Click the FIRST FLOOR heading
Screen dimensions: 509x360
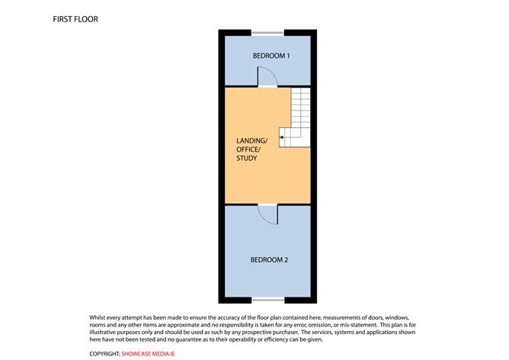(75, 19)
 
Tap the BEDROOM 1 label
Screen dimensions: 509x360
(271, 56)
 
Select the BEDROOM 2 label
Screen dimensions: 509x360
(269, 260)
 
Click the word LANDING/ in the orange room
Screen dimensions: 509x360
(252, 140)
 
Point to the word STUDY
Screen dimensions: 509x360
(247, 158)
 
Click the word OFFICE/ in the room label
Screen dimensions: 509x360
(248, 149)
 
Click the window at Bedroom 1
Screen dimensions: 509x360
(267, 33)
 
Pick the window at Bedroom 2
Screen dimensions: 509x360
(268, 300)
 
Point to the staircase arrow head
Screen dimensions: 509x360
(281, 137)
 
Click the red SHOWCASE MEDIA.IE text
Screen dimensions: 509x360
(148, 354)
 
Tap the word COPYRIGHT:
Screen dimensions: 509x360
(104, 354)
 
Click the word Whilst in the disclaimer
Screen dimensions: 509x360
(98, 317)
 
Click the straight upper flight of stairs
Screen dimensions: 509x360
(300, 108)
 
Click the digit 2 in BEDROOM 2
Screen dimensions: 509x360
(286, 260)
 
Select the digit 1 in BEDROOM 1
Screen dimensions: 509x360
(288, 56)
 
